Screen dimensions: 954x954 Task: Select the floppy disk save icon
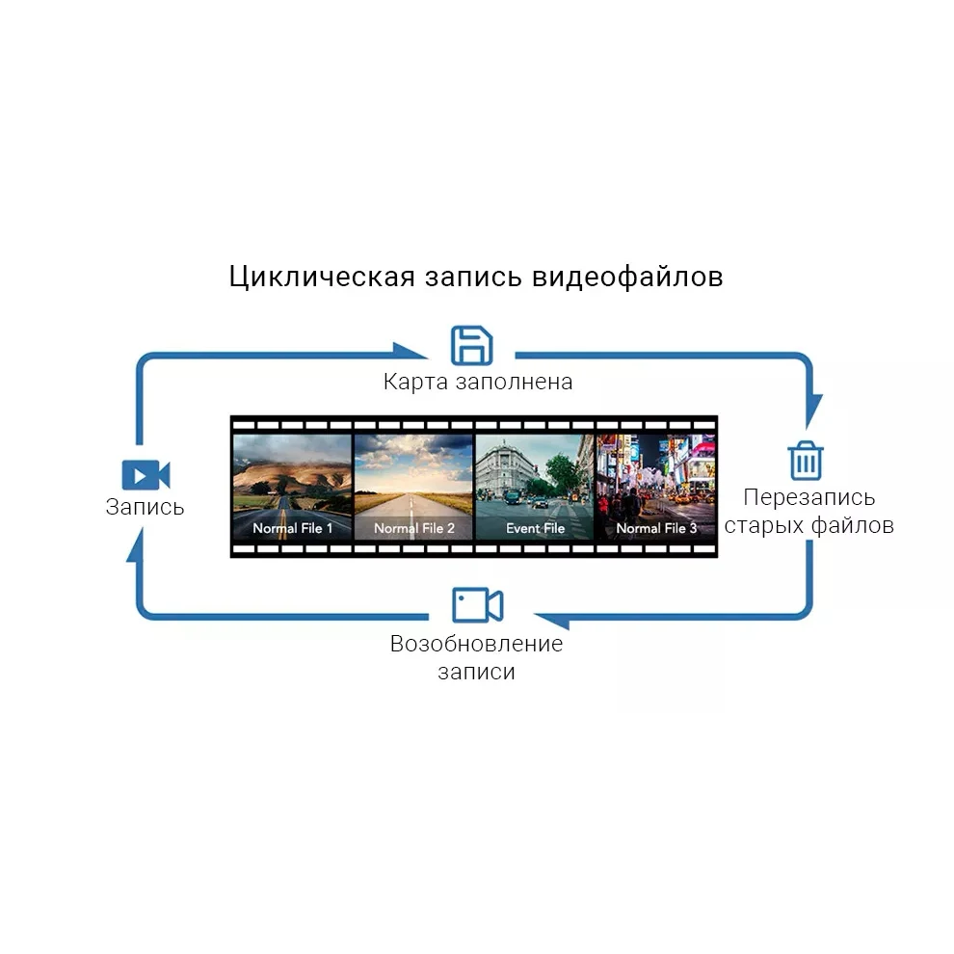(x=472, y=345)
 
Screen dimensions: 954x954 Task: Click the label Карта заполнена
(x=478, y=382)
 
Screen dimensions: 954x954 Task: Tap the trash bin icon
(x=806, y=460)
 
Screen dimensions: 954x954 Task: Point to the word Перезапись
(x=809, y=497)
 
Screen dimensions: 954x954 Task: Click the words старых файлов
(x=809, y=525)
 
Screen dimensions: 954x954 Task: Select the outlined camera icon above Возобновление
(x=477, y=605)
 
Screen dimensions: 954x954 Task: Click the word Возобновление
(x=476, y=644)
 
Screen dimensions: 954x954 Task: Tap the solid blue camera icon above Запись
(x=146, y=475)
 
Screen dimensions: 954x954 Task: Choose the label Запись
(x=145, y=507)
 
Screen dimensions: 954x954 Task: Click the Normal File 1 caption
(x=293, y=528)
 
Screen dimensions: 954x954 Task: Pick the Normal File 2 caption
(x=414, y=528)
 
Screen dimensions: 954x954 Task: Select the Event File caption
(x=536, y=528)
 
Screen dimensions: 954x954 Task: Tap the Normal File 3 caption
(x=656, y=528)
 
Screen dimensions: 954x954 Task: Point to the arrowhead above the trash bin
(x=813, y=409)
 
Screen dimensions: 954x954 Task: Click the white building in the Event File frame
(x=505, y=467)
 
